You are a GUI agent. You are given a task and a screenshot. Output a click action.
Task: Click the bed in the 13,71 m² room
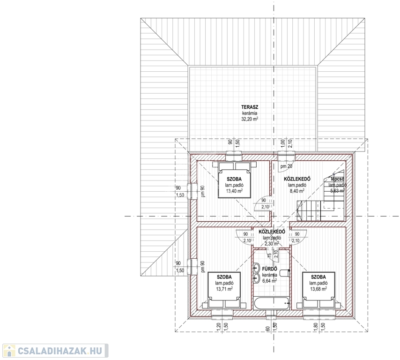pyautogui.click(x=223, y=290)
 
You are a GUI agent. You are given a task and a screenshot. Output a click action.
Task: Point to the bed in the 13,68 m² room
pyautogui.click(x=320, y=290)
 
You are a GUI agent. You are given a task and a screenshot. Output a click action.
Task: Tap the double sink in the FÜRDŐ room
pyautogui.click(x=257, y=273)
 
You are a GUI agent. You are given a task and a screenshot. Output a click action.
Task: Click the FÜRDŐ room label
pyautogui.click(x=269, y=269)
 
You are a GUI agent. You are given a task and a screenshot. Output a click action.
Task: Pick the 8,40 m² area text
pyautogui.click(x=296, y=191)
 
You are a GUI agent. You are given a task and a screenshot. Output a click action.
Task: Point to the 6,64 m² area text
pyautogui.click(x=269, y=280)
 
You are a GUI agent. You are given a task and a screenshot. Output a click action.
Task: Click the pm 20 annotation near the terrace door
pyautogui.click(x=286, y=166)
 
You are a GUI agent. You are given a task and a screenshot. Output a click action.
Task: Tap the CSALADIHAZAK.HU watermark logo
pyautogui.click(x=55, y=350)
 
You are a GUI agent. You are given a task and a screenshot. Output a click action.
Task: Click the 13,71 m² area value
pyautogui.click(x=224, y=289)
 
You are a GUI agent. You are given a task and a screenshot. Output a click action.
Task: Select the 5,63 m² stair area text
pyautogui.click(x=336, y=191)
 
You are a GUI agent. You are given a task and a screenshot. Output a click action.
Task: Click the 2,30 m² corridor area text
pyautogui.click(x=271, y=243)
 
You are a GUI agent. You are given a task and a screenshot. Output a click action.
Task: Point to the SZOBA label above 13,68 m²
pyautogui.click(x=318, y=277)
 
